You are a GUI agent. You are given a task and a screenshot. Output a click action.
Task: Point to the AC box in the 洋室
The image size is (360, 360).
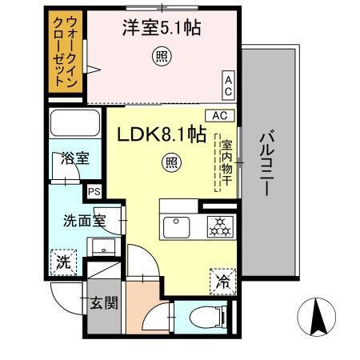click(228, 82)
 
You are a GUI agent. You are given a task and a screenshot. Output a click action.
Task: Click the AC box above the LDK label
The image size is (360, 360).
click(221, 115)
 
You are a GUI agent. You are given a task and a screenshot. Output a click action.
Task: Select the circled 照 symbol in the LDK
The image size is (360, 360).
click(172, 162)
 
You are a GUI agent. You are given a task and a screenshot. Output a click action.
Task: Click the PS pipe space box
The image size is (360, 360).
click(94, 192)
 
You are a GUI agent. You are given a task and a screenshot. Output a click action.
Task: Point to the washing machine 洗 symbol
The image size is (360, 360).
click(63, 261)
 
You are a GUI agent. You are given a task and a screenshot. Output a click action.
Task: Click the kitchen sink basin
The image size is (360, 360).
click(178, 227)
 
